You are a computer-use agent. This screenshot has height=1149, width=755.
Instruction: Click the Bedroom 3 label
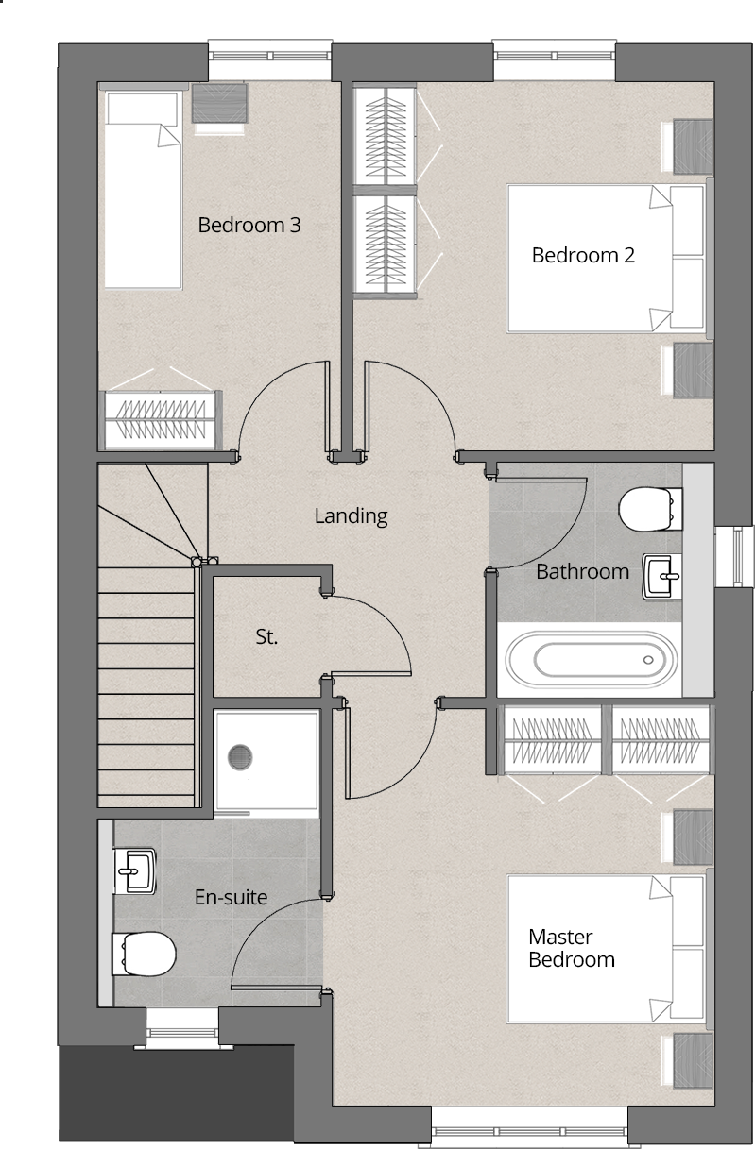(x=249, y=226)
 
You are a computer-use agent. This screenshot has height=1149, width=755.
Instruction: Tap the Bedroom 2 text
(x=583, y=255)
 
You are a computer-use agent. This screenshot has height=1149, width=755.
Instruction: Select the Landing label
(x=351, y=516)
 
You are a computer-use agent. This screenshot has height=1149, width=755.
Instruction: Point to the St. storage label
(x=266, y=637)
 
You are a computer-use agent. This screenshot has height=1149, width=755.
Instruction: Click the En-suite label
(x=231, y=897)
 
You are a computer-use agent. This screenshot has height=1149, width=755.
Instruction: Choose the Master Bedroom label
(x=572, y=949)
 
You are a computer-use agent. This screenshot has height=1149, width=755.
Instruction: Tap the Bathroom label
(x=582, y=571)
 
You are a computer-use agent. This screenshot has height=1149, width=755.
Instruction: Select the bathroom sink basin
(x=661, y=575)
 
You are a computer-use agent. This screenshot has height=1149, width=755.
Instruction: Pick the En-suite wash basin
(x=135, y=869)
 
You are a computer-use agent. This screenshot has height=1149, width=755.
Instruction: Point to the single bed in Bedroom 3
(x=142, y=189)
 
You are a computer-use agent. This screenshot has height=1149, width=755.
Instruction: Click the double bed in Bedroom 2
(x=605, y=258)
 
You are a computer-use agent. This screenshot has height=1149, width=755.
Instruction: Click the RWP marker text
(x=722, y=37)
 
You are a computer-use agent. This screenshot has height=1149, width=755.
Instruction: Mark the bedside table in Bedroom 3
(x=219, y=103)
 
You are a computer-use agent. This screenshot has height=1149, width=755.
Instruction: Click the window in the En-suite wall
(x=180, y=1028)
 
